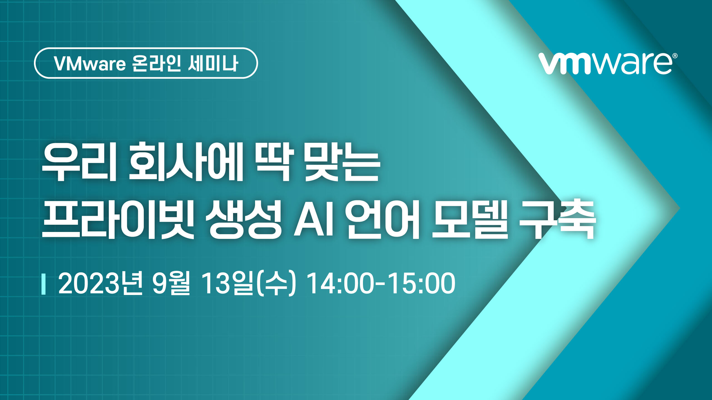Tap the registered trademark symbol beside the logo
click(x=675, y=57)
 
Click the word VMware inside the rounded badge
click(x=90, y=64)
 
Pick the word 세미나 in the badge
click(x=213, y=64)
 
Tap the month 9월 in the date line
click(x=172, y=284)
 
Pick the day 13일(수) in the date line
click(x=248, y=284)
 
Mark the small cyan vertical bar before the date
click(x=43, y=284)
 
